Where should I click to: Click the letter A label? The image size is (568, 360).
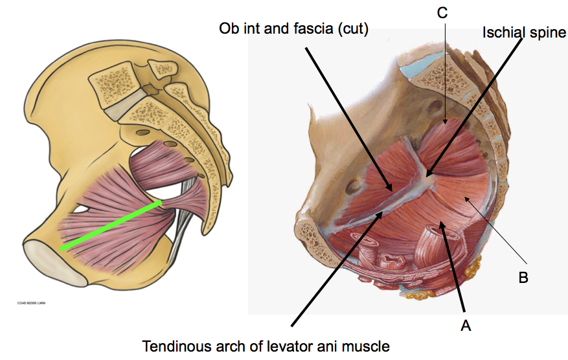pos(465,326)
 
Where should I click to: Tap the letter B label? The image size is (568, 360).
pos(523,278)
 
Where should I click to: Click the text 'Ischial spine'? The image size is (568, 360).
pos(524,32)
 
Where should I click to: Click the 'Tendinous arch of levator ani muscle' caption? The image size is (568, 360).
pos(266,346)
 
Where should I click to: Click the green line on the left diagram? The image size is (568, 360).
pos(111,226)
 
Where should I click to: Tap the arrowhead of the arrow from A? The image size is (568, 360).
pos(441,223)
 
